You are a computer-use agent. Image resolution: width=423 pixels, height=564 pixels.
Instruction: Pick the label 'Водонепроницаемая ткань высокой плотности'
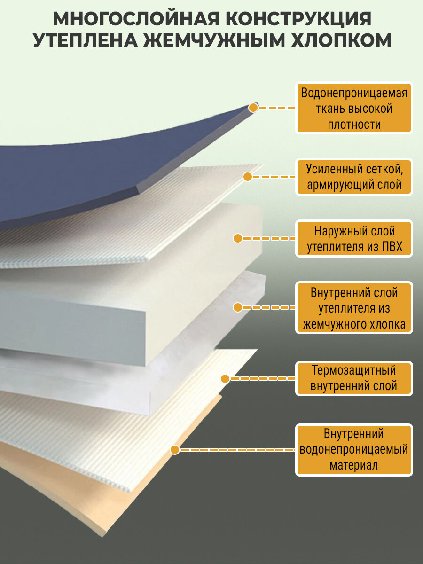click(354, 109)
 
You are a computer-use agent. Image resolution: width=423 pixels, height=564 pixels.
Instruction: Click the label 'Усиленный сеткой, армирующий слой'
click(354, 177)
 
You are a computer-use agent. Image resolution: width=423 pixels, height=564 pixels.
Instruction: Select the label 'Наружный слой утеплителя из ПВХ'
click(354, 239)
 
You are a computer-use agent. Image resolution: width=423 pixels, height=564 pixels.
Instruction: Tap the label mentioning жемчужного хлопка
click(354, 308)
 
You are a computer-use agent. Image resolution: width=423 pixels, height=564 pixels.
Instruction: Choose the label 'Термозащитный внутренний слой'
click(354, 378)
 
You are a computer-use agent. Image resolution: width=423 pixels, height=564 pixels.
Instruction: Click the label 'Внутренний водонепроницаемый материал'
click(354, 450)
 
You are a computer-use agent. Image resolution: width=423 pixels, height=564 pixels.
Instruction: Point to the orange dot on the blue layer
click(253, 108)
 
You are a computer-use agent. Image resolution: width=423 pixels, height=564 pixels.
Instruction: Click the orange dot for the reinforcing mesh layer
click(248, 177)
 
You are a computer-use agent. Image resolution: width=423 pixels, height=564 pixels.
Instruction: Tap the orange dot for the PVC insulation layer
click(238, 238)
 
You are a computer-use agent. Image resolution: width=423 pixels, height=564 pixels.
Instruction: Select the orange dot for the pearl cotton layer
click(238, 308)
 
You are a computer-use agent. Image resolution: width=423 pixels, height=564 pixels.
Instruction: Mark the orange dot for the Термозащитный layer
click(225, 378)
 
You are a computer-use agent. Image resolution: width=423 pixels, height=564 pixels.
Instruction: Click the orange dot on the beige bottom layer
click(175, 450)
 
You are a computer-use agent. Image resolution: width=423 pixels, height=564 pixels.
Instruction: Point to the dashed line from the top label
click(277, 108)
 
